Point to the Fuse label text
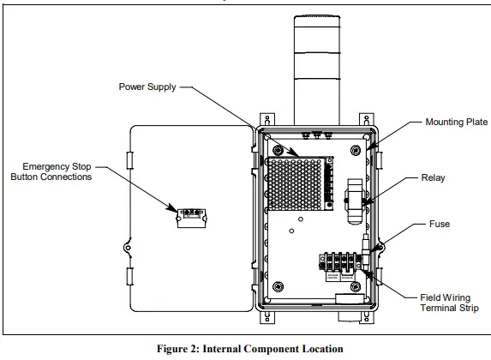(x=440, y=225)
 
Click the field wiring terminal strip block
(x=338, y=259)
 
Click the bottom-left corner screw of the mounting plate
(x=278, y=285)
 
